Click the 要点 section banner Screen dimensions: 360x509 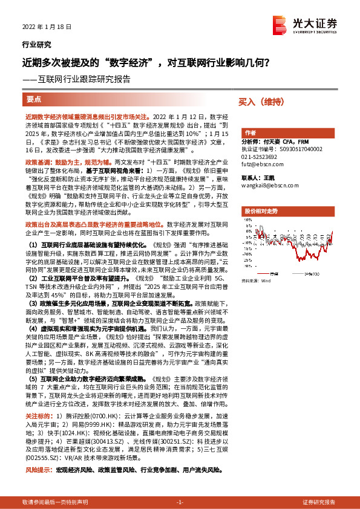34,99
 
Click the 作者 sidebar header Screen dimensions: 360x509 250,132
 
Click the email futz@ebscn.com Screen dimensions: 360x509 262,163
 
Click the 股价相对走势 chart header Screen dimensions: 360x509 260,210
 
